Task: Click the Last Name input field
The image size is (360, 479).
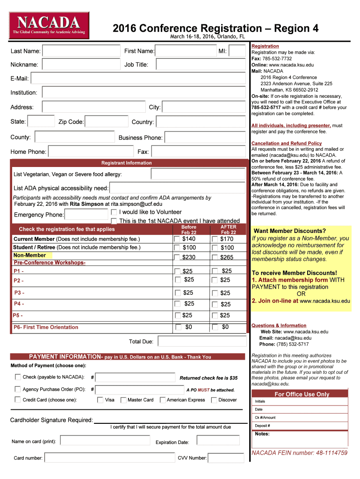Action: pyautogui.click(x=81, y=51)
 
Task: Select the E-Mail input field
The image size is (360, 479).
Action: pyautogui.click(x=138, y=79)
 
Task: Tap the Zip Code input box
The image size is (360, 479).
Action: pyautogui.click(x=106, y=122)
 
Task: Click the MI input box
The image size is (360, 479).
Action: pyautogui.click(x=237, y=51)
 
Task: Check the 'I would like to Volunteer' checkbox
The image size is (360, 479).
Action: pyautogui.click(x=114, y=212)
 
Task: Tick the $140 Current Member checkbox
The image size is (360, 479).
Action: pyautogui.click(x=177, y=239)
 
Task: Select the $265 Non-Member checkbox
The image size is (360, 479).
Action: pyautogui.click(x=215, y=257)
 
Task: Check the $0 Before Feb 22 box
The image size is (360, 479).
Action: pyautogui.click(x=178, y=327)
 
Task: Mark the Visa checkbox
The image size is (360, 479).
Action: pyautogui.click(x=101, y=400)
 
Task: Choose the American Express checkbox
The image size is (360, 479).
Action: pyautogui.click(x=163, y=400)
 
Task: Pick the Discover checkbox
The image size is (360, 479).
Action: pyautogui.click(x=214, y=400)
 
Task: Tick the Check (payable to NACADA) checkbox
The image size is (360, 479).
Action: pyautogui.click(x=18, y=377)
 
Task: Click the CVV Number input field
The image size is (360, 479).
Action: pyautogui.click(x=226, y=458)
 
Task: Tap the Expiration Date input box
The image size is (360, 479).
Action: pyautogui.click(x=220, y=441)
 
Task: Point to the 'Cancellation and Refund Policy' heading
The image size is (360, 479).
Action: pyautogui.click(x=286, y=143)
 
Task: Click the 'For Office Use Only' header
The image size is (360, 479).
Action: pyautogui.click(x=302, y=394)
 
